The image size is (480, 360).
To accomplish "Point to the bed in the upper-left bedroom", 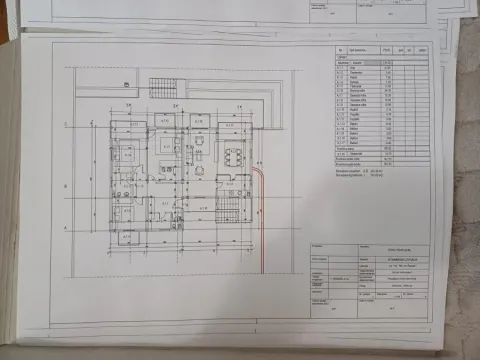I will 127,154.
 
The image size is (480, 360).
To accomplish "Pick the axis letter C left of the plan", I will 66,124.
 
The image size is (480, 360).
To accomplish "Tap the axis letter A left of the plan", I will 66,230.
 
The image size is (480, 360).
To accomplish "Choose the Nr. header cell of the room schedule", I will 342,49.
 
